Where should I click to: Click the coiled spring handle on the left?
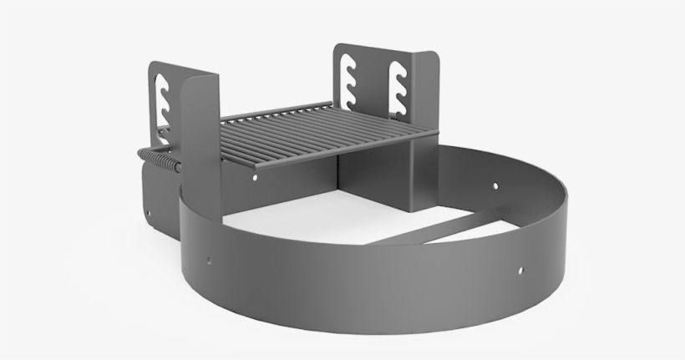(x=159, y=160)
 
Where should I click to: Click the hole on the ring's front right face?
(x=521, y=271)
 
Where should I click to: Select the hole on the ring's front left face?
(x=208, y=261)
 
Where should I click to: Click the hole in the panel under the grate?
(x=255, y=178)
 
